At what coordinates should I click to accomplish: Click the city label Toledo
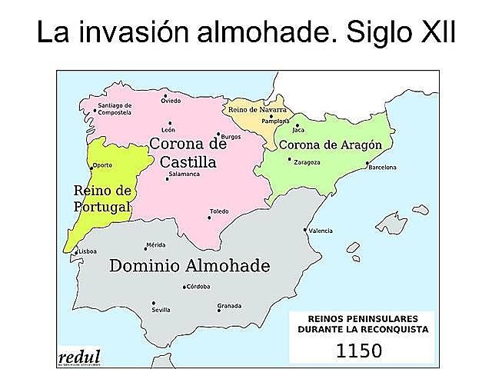[219, 211]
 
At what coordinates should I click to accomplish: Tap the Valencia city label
[321, 231]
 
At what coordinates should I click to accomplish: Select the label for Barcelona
[382, 167]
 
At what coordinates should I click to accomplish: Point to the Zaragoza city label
[307, 162]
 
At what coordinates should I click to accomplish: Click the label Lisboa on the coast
[87, 251]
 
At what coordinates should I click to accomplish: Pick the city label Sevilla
[161, 310]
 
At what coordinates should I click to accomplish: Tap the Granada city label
[229, 305]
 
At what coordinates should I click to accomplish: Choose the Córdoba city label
[198, 287]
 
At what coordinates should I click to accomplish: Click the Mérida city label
[156, 244]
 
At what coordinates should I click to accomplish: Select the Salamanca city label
[183, 175]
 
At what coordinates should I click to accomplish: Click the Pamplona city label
[274, 121]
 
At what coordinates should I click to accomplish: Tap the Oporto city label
[101, 166]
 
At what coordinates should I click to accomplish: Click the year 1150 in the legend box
[359, 351]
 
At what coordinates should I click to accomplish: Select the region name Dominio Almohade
[190, 267]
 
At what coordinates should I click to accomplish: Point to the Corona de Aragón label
[330, 145]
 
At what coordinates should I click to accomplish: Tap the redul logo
[79, 356]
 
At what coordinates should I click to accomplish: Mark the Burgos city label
[231, 136]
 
